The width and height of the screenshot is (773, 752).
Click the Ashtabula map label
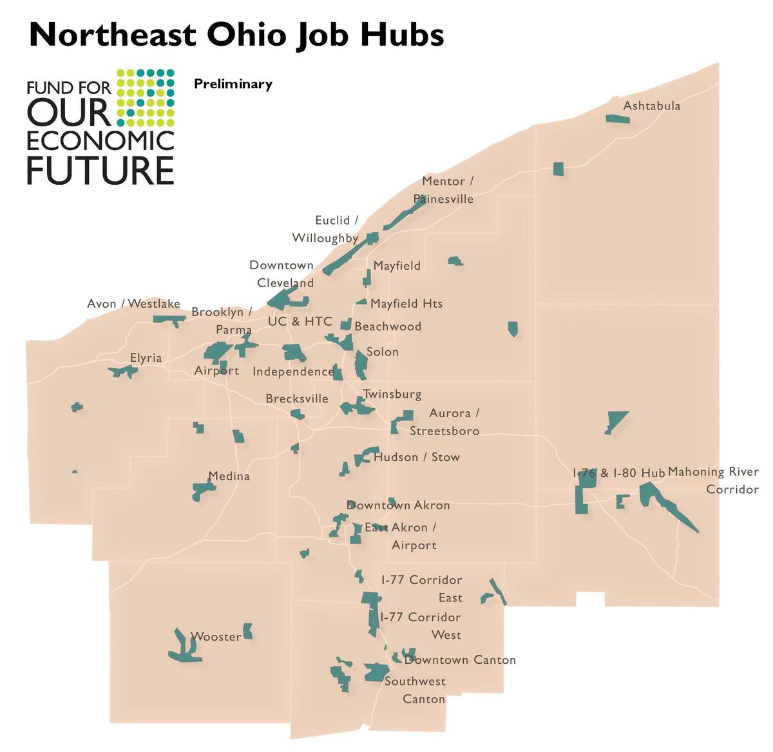pos(651,106)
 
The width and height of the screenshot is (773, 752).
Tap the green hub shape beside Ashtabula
pos(617,118)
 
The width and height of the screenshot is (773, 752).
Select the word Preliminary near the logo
pos(233,84)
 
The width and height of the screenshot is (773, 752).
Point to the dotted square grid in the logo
pos(146,97)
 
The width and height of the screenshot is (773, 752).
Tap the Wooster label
pos(216,637)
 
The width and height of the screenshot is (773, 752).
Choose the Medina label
pos(229,476)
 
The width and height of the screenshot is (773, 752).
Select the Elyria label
pos(146,358)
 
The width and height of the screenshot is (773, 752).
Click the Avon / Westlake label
pos(133,304)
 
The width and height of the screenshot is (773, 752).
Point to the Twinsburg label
pos(392,394)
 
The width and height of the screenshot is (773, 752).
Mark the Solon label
pos(383,352)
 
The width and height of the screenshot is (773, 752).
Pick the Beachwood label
pos(388,326)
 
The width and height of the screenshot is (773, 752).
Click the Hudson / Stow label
pos(417,457)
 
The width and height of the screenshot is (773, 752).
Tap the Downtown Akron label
pos(398,505)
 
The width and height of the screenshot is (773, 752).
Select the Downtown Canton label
pos(460,660)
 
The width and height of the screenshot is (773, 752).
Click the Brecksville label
pos(297,399)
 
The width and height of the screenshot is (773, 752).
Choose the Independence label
pos(293,371)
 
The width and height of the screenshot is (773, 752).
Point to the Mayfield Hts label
pos(406,303)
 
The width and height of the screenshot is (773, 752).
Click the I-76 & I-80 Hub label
pos(618,473)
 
